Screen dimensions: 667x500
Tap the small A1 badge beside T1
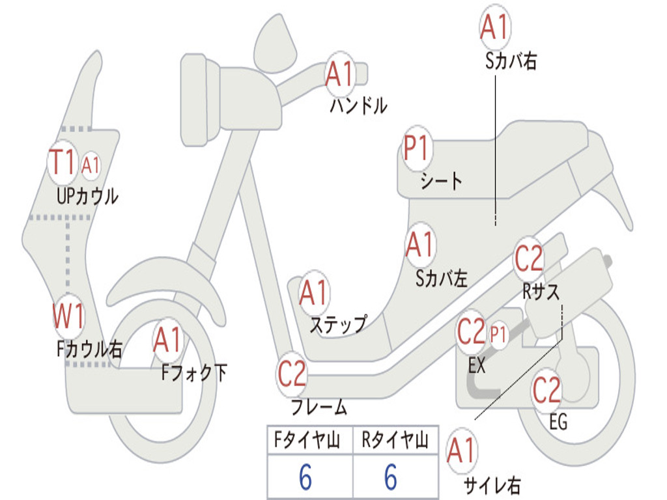point(91,165)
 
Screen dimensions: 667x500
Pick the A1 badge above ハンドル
point(339,74)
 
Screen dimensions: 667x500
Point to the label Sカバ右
point(511,61)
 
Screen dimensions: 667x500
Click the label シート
point(441,180)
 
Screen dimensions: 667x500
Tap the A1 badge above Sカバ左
point(419,245)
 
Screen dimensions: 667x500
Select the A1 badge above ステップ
point(313,293)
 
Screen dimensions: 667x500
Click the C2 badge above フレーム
point(292,374)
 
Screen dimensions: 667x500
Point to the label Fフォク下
point(195,372)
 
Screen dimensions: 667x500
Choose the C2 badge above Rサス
point(528,259)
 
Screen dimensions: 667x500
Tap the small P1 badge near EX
point(498,335)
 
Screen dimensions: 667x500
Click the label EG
point(558,422)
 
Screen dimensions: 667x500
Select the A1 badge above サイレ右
point(462,452)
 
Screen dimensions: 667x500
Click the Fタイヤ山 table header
point(309,441)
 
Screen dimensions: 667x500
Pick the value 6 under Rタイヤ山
point(390,478)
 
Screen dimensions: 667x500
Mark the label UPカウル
point(87,195)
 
